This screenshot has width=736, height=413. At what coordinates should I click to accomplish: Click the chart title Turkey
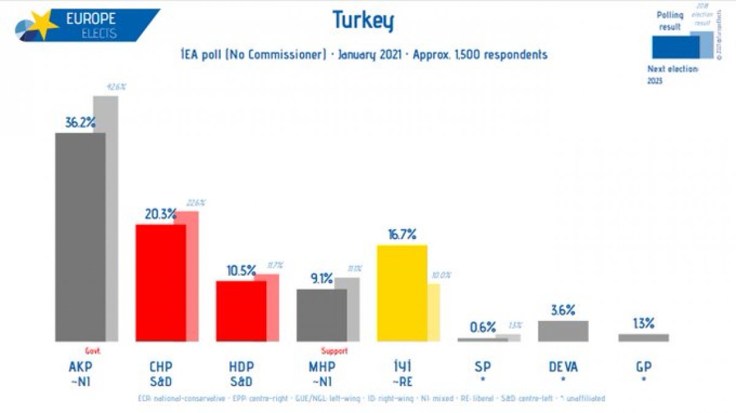[x=362, y=20]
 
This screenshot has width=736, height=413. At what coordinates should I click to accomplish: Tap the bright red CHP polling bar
[x=160, y=282]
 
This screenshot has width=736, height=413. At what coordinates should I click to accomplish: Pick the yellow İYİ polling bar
[x=402, y=293]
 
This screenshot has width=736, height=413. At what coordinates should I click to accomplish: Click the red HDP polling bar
[x=240, y=311]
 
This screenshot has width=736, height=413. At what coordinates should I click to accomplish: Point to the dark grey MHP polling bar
[x=321, y=315]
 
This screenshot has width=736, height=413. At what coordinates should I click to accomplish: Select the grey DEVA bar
[x=562, y=331]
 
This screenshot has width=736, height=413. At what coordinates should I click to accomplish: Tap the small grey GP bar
[x=643, y=338]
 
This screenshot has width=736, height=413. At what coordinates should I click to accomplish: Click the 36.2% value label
[x=80, y=123]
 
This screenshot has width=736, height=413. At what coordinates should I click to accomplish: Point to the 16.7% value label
[x=402, y=234]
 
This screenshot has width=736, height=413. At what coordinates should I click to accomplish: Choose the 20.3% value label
[x=161, y=214]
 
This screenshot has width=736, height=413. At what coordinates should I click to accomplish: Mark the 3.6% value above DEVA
[x=562, y=310]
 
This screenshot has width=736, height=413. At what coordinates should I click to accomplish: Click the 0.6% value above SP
[x=483, y=327]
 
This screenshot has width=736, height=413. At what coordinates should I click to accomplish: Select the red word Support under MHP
[x=334, y=351]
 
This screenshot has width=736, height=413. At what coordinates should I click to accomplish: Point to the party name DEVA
[x=562, y=367]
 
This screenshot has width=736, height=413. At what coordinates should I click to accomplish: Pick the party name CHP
[x=161, y=367]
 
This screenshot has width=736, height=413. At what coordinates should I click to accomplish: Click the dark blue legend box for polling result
[x=675, y=47]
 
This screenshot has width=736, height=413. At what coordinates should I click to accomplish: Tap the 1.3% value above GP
[x=643, y=324]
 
